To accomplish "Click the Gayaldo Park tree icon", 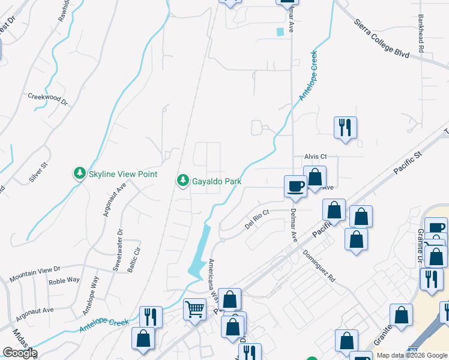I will [x=183, y=180].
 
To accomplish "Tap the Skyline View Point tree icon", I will [x=79, y=174].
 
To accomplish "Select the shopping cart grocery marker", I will [x=194, y=310].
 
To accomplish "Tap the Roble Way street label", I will [x=64, y=280].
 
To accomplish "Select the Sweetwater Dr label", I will [x=118, y=251].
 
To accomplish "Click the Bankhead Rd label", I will [x=421, y=35].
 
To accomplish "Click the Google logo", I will [x=20, y=353].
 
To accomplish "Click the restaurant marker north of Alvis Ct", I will [x=345, y=128].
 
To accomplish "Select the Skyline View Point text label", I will [x=122, y=174].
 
